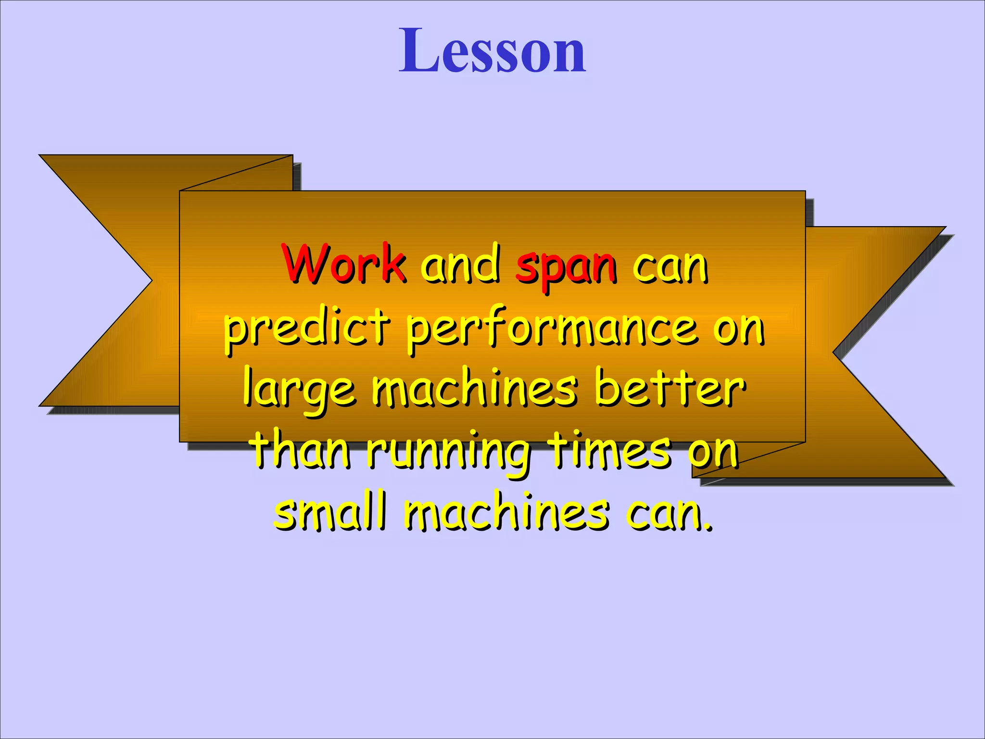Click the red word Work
(344, 264)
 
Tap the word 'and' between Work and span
(460, 264)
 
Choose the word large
(299, 391)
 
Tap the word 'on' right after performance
(738, 329)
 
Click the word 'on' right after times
(712, 450)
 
